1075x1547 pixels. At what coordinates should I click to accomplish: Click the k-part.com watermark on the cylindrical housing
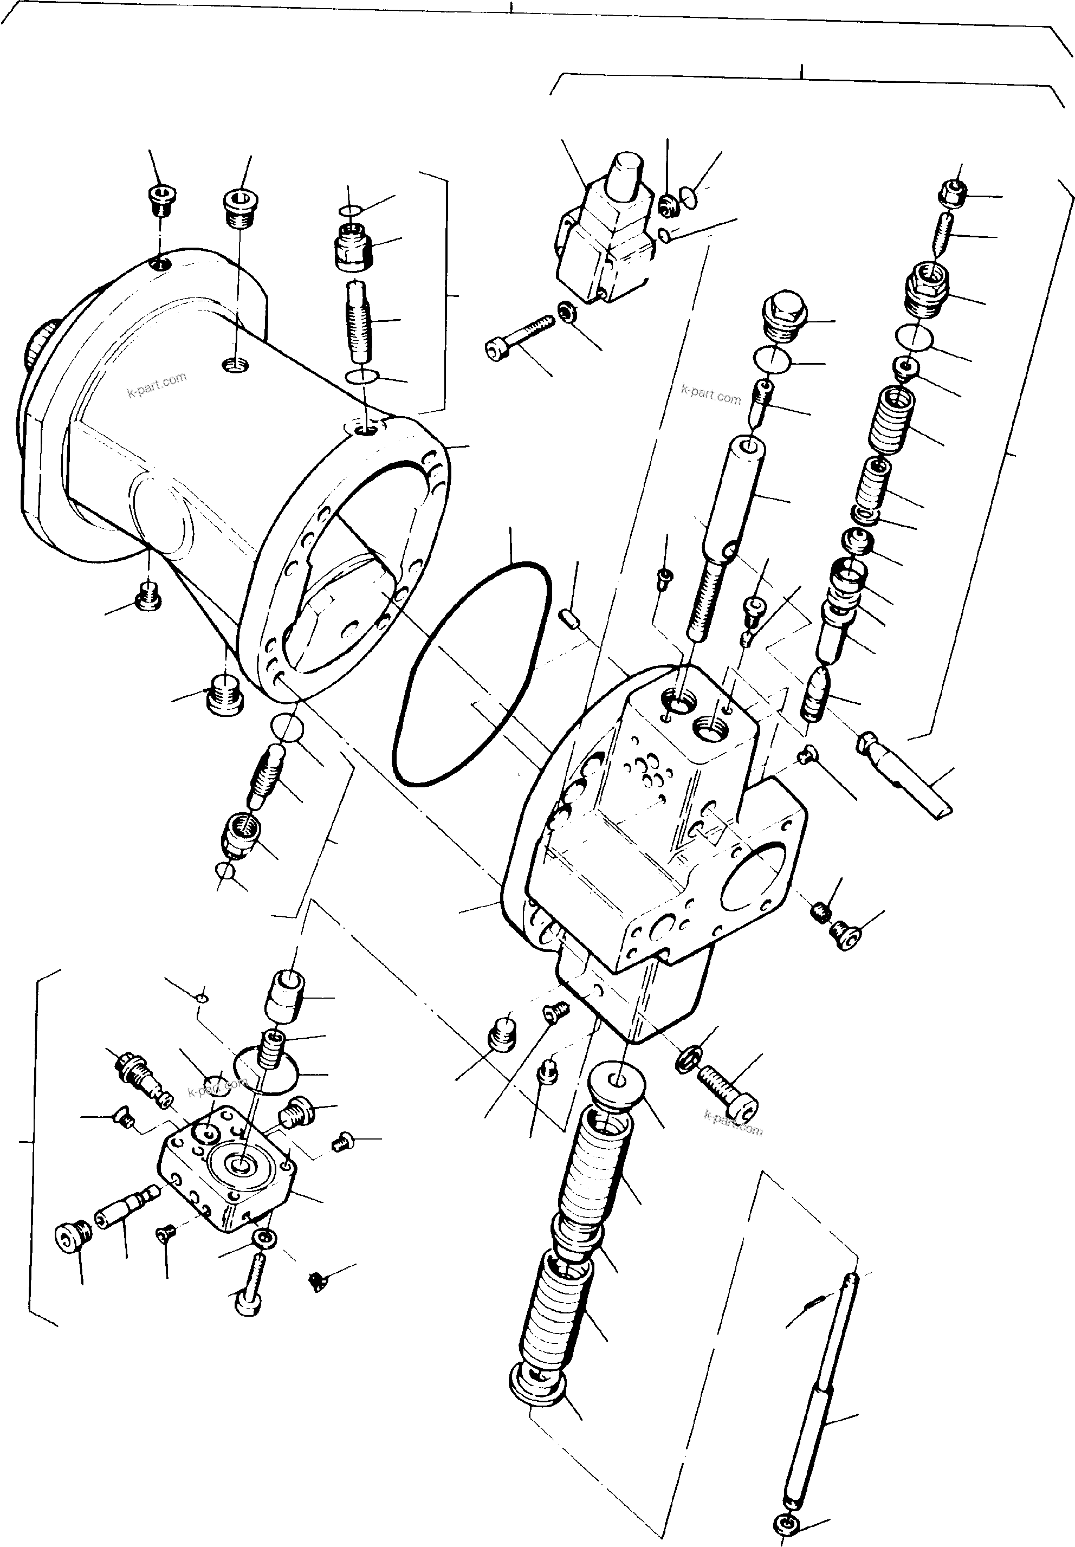(x=156, y=386)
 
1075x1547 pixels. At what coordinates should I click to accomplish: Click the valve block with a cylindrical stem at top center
(x=606, y=229)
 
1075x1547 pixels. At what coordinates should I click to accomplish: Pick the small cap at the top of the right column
(x=952, y=194)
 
